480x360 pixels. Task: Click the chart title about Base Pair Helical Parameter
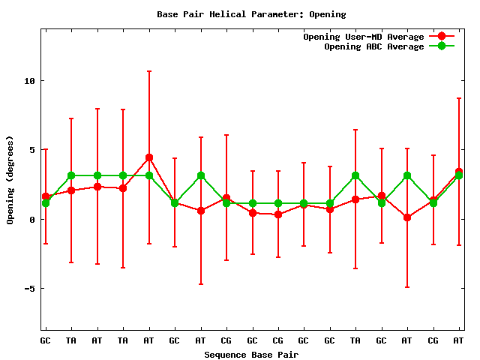[x=251, y=13]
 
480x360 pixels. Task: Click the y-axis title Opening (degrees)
[x=10, y=180]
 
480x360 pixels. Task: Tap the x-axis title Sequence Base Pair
[x=251, y=354]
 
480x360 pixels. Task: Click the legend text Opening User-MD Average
[x=363, y=37]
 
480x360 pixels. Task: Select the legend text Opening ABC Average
[x=373, y=46]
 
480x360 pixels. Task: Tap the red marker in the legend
[x=442, y=37]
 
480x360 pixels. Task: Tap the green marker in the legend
[x=442, y=46]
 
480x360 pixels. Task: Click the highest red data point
[x=149, y=157]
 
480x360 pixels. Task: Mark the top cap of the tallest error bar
[x=149, y=71]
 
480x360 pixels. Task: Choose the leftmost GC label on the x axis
[x=46, y=340]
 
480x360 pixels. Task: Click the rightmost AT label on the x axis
[x=458, y=340]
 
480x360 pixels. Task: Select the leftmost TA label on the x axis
[x=71, y=340]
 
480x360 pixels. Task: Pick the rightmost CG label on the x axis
[x=433, y=340]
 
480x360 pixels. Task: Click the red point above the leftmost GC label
[x=46, y=196]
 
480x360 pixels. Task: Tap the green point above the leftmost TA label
[x=71, y=175]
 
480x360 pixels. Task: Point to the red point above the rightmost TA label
[x=355, y=199]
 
